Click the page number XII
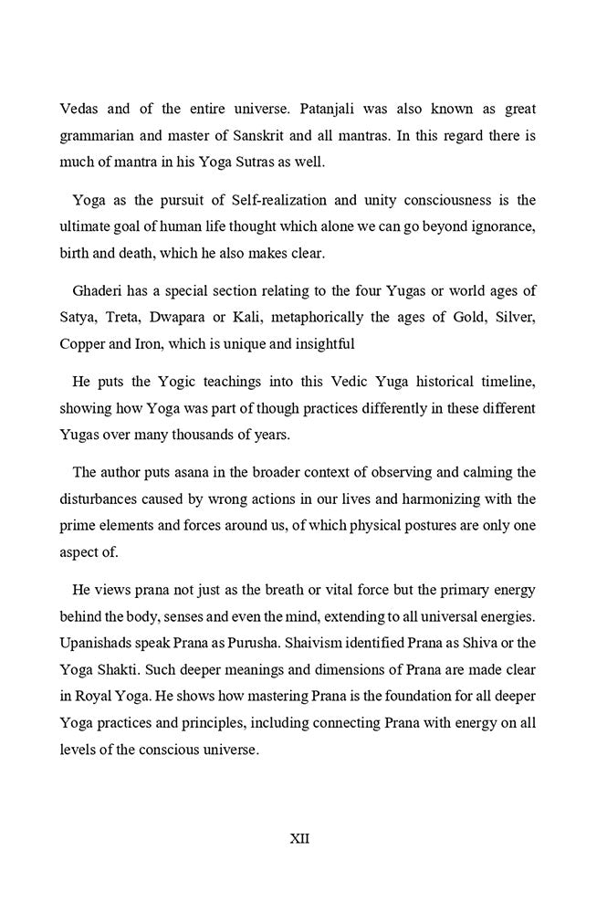tap(299, 837)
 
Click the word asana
tap(197, 473)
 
